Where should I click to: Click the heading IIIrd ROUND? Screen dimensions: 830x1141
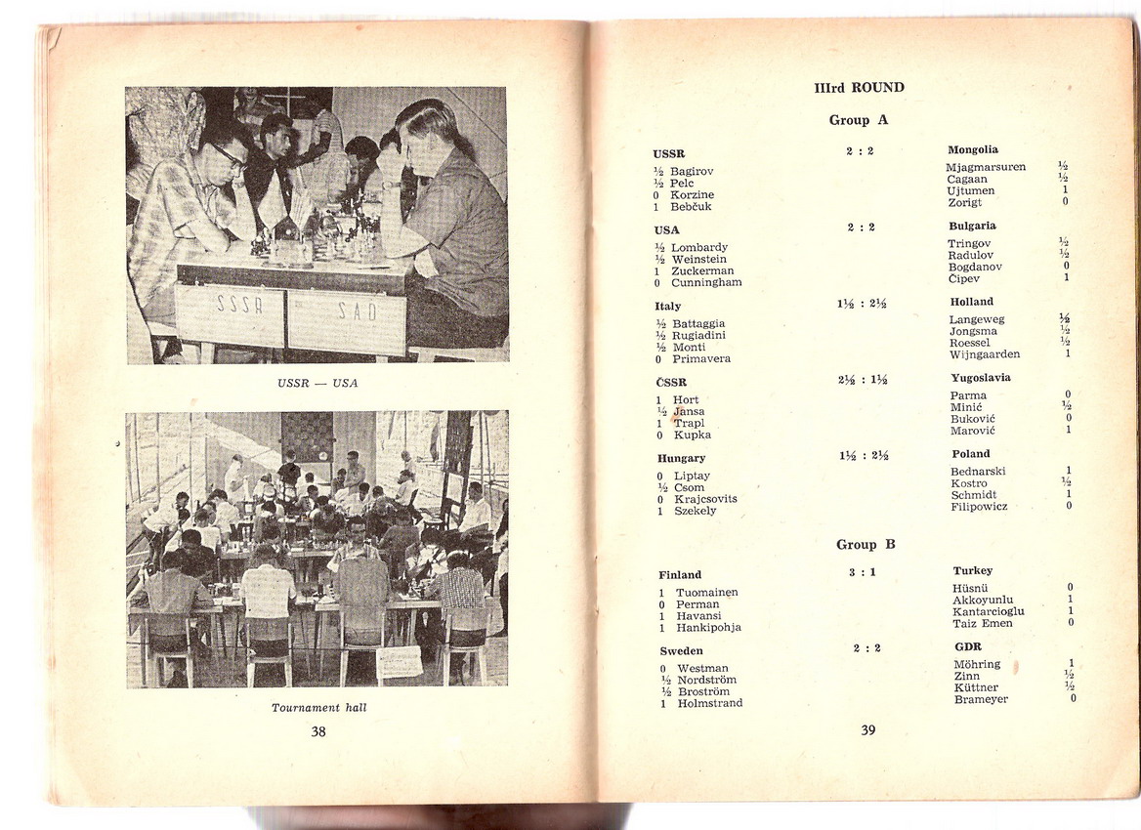click(859, 88)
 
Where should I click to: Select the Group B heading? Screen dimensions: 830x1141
click(866, 544)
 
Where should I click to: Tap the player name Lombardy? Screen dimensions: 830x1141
click(698, 248)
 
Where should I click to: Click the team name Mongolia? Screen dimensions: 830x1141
click(973, 150)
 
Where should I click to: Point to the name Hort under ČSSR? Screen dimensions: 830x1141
click(686, 400)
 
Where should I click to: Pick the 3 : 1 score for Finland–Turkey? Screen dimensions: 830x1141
click(862, 572)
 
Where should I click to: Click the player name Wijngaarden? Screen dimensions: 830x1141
click(985, 354)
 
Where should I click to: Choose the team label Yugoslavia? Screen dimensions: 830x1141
click(981, 378)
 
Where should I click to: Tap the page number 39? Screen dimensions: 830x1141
click(868, 730)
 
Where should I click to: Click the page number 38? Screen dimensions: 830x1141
click(318, 731)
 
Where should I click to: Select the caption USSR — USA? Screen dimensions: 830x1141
click(317, 383)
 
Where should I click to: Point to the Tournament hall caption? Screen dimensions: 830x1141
click(318, 707)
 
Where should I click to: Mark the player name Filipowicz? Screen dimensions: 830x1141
click(979, 507)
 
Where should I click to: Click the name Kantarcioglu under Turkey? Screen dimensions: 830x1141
click(989, 611)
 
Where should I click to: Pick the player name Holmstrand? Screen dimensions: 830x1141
click(709, 703)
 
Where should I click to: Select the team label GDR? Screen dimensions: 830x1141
click(968, 646)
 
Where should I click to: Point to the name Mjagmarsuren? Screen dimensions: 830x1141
click(986, 167)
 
